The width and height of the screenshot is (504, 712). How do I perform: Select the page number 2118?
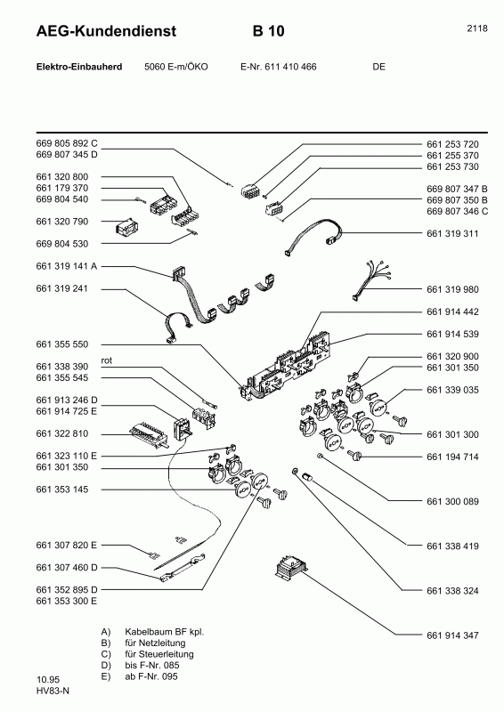[x=476, y=28]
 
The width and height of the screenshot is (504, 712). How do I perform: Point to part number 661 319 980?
[x=452, y=288]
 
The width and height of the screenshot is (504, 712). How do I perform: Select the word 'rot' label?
[x=107, y=360]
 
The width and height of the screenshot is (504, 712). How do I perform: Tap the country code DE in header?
[x=379, y=67]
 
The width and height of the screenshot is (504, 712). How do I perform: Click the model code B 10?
[x=269, y=32]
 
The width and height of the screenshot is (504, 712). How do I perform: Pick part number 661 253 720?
[x=452, y=144]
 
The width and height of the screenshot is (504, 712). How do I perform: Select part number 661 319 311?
[x=452, y=234]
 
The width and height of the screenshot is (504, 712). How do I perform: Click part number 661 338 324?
[x=452, y=590]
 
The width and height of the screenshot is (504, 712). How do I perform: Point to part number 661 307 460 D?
[x=67, y=567]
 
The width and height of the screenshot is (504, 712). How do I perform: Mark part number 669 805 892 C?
[x=67, y=144]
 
